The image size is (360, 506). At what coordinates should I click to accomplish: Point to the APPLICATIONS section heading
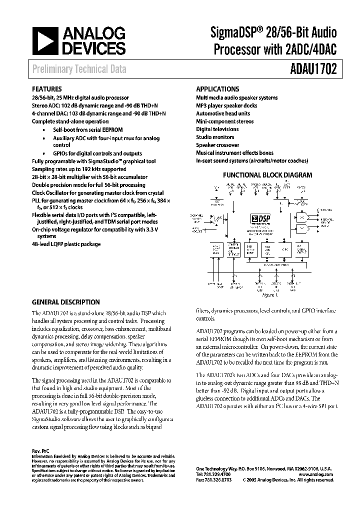(x=217, y=88)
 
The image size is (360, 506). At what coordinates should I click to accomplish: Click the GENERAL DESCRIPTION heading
(x=65, y=302)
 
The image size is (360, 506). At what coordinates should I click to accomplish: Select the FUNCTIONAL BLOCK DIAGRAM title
(x=267, y=175)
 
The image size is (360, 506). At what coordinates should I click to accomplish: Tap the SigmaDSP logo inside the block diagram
(x=259, y=218)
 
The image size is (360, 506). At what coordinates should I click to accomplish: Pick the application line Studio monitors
(x=215, y=137)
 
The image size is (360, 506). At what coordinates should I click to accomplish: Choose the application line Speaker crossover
(x=217, y=145)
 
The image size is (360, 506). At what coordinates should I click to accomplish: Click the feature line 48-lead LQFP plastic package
(x=66, y=244)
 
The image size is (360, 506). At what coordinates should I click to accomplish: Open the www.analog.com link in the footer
(x=318, y=474)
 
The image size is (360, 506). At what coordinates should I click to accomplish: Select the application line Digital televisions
(x=217, y=129)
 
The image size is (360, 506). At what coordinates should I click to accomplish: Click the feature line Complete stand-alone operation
(x=70, y=121)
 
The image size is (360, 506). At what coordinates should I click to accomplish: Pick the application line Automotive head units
(x=223, y=113)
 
